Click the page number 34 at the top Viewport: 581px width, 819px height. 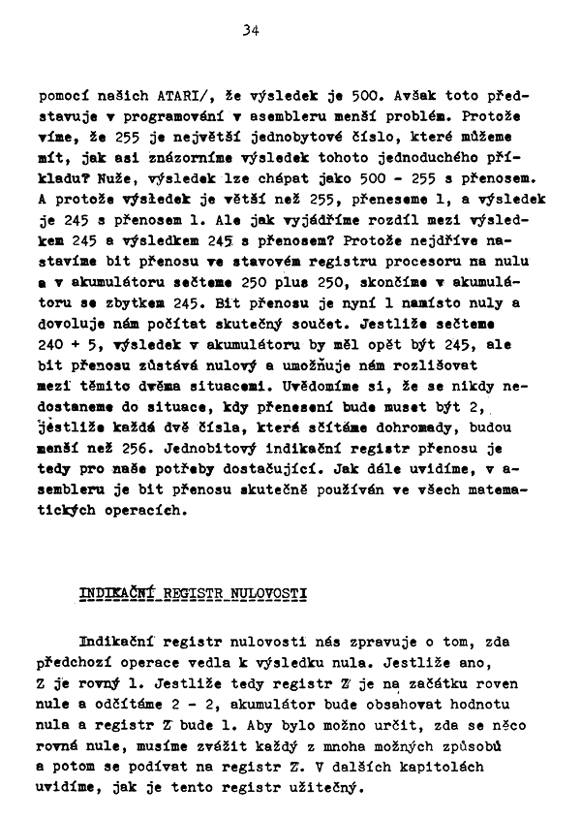pyautogui.click(x=252, y=30)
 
